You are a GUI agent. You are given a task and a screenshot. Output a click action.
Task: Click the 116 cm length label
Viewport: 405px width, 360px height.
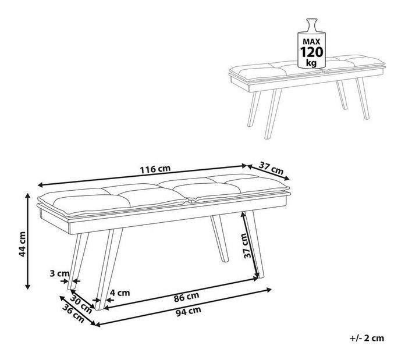(x=155, y=169)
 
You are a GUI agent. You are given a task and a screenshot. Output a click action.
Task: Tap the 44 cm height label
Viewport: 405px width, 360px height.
(x=22, y=244)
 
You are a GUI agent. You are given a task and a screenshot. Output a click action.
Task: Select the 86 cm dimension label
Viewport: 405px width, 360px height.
(x=186, y=297)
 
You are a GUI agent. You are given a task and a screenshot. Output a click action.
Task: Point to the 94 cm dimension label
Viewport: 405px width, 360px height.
(x=189, y=311)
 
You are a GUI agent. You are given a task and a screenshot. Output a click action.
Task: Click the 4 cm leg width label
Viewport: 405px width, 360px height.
(x=120, y=293)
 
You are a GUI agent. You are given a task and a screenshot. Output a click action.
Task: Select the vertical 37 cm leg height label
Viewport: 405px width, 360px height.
(x=248, y=245)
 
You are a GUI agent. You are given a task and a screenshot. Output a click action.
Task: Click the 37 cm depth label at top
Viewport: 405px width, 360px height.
(x=271, y=168)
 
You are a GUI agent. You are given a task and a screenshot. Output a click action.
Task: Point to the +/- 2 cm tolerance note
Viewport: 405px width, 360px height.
(x=367, y=338)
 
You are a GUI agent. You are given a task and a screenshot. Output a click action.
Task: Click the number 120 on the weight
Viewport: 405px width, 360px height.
(x=311, y=52)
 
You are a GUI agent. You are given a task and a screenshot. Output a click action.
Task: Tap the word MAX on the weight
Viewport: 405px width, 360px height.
(x=311, y=41)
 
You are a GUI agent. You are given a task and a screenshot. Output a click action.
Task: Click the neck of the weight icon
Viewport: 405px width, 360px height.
(x=311, y=25)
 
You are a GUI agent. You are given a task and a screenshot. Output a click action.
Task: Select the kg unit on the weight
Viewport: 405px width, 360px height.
(x=311, y=62)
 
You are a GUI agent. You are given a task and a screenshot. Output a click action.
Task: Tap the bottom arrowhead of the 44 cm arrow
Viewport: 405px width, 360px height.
(x=28, y=286)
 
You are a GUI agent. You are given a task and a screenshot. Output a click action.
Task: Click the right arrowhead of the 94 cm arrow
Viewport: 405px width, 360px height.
(x=269, y=290)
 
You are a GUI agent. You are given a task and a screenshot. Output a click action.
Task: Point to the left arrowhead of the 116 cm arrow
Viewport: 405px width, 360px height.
(x=40, y=184)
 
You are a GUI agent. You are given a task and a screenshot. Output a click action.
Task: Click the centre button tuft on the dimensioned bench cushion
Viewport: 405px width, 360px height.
(x=191, y=199)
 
